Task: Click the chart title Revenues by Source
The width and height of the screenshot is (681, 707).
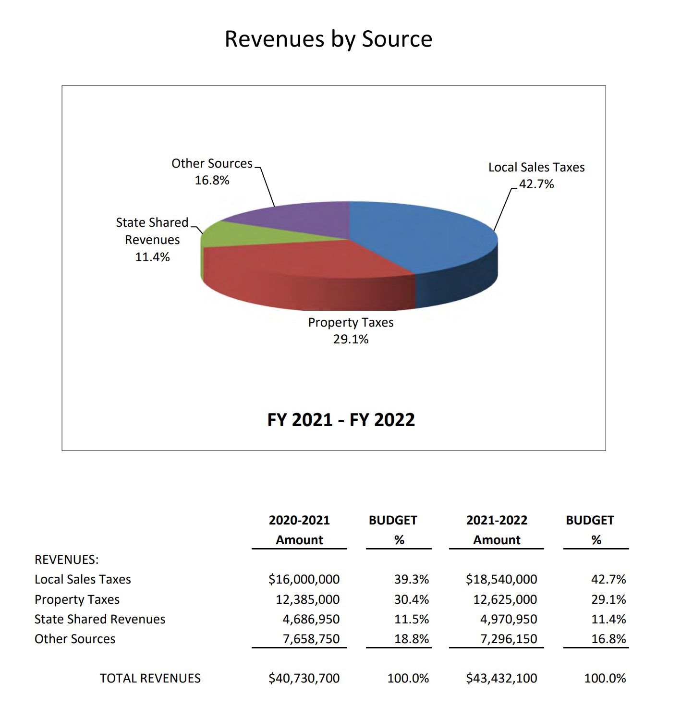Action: click(x=328, y=39)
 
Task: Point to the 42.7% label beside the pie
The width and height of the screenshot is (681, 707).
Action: click(x=536, y=184)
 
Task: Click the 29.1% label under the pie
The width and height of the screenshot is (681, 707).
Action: click(x=351, y=339)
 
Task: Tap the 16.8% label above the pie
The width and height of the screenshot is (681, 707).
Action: click(x=212, y=180)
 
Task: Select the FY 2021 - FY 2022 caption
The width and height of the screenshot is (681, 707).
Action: click(x=341, y=420)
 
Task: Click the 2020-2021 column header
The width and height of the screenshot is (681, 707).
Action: click(x=299, y=520)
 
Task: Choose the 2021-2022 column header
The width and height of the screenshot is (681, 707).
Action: click(x=497, y=520)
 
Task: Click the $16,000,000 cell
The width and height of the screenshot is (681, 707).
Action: click(x=304, y=579)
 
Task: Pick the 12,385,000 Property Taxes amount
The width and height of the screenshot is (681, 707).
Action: click(x=307, y=599)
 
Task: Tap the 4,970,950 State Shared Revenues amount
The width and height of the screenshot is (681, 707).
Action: click(x=509, y=619)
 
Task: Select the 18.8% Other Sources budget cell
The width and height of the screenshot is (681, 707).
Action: click(x=412, y=639)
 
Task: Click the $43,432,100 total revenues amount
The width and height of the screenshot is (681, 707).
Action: click(x=501, y=678)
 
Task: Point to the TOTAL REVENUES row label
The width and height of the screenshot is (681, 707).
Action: click(x=150, y=678)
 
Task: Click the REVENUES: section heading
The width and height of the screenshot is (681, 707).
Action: click(x=67, y=560)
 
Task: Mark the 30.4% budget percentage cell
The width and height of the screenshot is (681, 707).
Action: click(x=412, y=599)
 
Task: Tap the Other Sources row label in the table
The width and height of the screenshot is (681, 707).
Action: click(x=75, y=639)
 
